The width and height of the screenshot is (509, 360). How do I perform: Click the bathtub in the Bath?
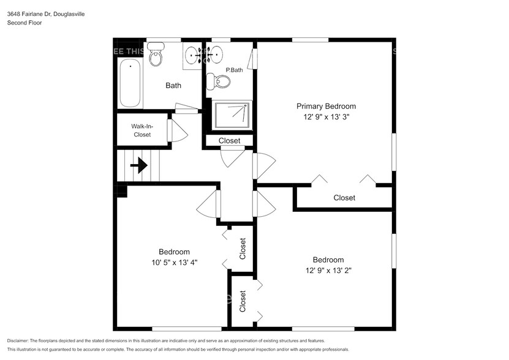pyautogui.click(x=130, y=83)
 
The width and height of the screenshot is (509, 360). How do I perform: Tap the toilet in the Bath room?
pyautogui.click(x=156, y=54)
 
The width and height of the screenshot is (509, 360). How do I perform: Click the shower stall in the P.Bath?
pyautogui.click(x=232, y=115)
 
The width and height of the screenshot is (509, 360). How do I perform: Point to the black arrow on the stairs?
pyautogui.click(x=139, y=165)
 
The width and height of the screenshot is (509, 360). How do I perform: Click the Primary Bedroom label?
pyautogui.click(x=326, y=106)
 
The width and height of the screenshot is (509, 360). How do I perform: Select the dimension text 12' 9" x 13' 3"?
pyautogui.click(x=326, y=116)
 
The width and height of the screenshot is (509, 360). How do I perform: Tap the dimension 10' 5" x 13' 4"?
pyautogui.click(x=175, y=262)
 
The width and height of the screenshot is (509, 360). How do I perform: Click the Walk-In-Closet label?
pyautogui.click(x=141, y=130)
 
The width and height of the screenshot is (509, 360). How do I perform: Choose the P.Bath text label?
pyautogui.click(x=235, y=70)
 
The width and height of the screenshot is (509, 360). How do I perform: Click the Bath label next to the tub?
pyautogui.click(x=173, y=86)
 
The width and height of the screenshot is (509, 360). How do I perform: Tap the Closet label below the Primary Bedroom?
pyautogui.click(x=344, y=198)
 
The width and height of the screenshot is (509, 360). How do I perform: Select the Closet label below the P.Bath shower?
pyautogui.click(x=230, y=141)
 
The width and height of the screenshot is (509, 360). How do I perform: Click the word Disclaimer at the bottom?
pyautogui.click(x=20, y=340)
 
